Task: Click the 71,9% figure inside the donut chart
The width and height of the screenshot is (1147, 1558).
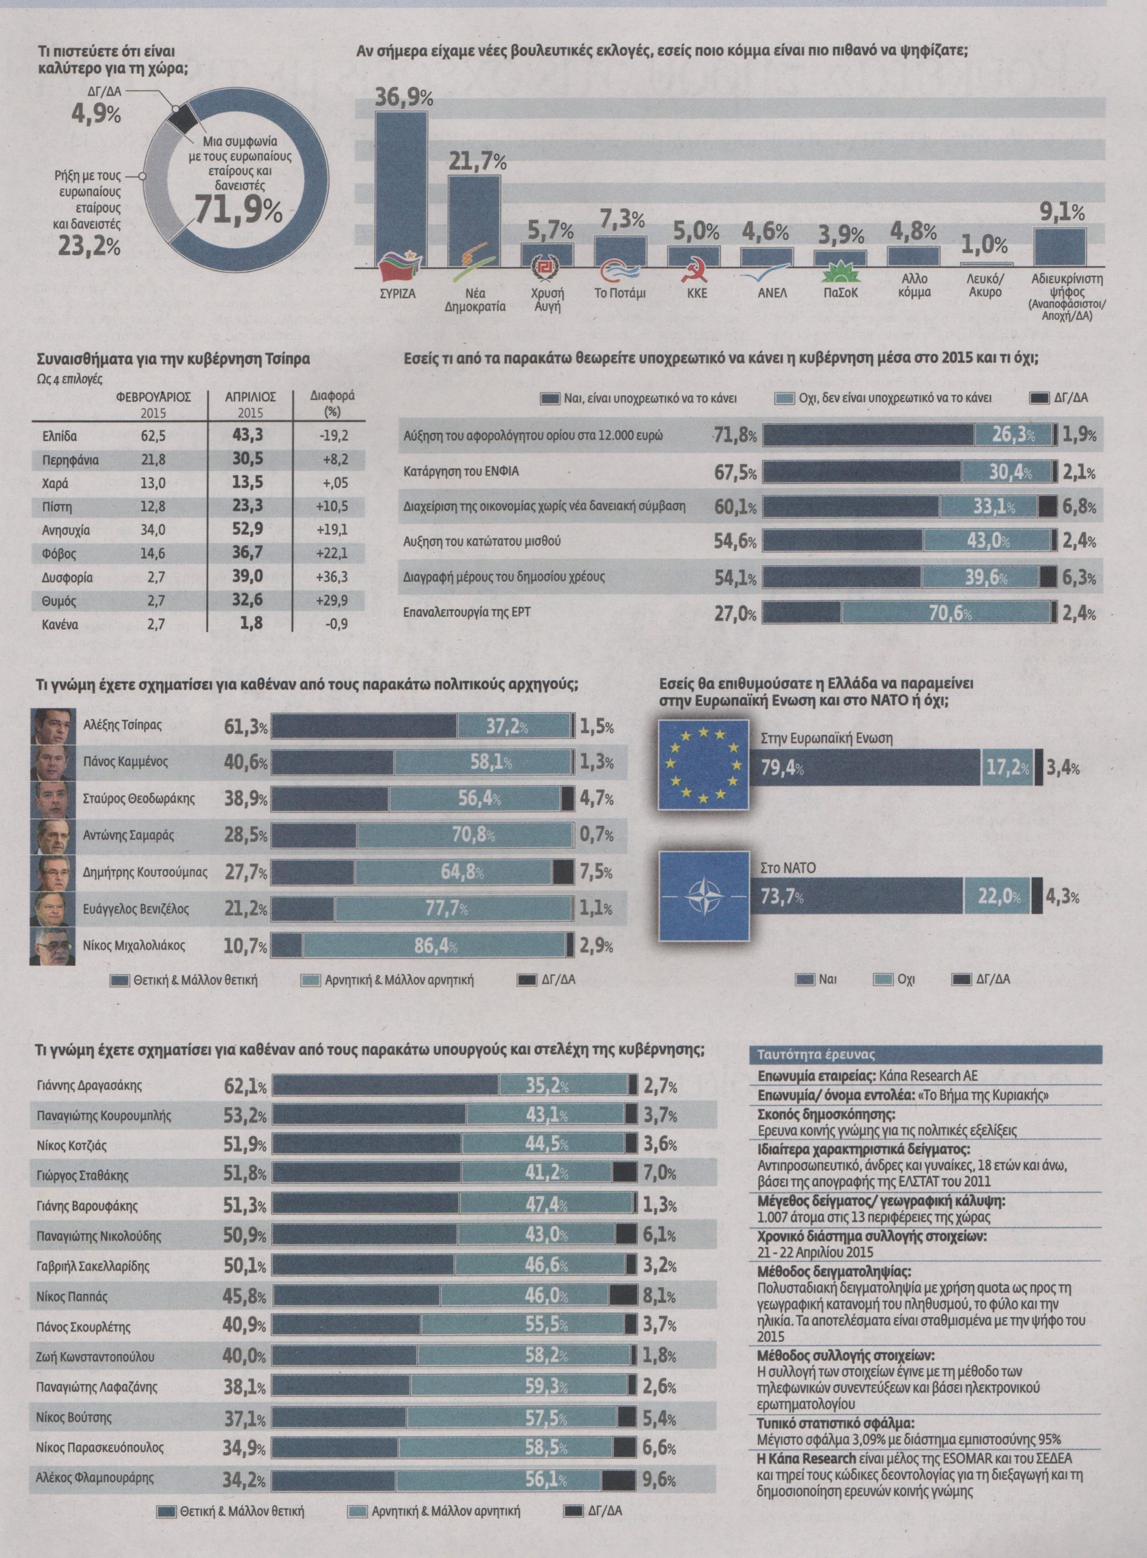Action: tap(238, 209)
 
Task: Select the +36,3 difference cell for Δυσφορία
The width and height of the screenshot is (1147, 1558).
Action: tap(331, 578)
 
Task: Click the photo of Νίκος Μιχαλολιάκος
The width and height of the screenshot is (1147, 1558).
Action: tap(52, 947)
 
